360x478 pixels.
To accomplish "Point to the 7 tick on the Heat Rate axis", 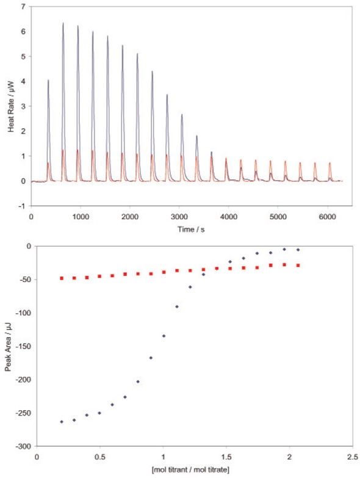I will pyautogui.click(x=24, y=6).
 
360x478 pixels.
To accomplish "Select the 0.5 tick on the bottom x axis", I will pyautogui.click(x=99, y=456).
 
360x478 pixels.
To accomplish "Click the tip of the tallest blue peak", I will pyautogui.click(x=63, y=23).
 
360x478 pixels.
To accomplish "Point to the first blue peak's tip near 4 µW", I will pyautogui.click(x=48, y=80).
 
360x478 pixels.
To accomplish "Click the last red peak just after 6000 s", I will pyautogui.click(x=330, y=163).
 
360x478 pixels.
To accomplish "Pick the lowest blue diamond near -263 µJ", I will pyautogui.click(x=62, y=422).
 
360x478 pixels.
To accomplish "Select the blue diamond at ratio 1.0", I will pyautogui.click(x=164, y=336).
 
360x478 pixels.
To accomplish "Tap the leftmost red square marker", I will pyautogui.click(x=62, y=278).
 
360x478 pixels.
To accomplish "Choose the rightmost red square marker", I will pyautogui.click(x=298, y=265).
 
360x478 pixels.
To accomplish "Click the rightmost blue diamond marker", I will pyautogui.click(x=298, y=250).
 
